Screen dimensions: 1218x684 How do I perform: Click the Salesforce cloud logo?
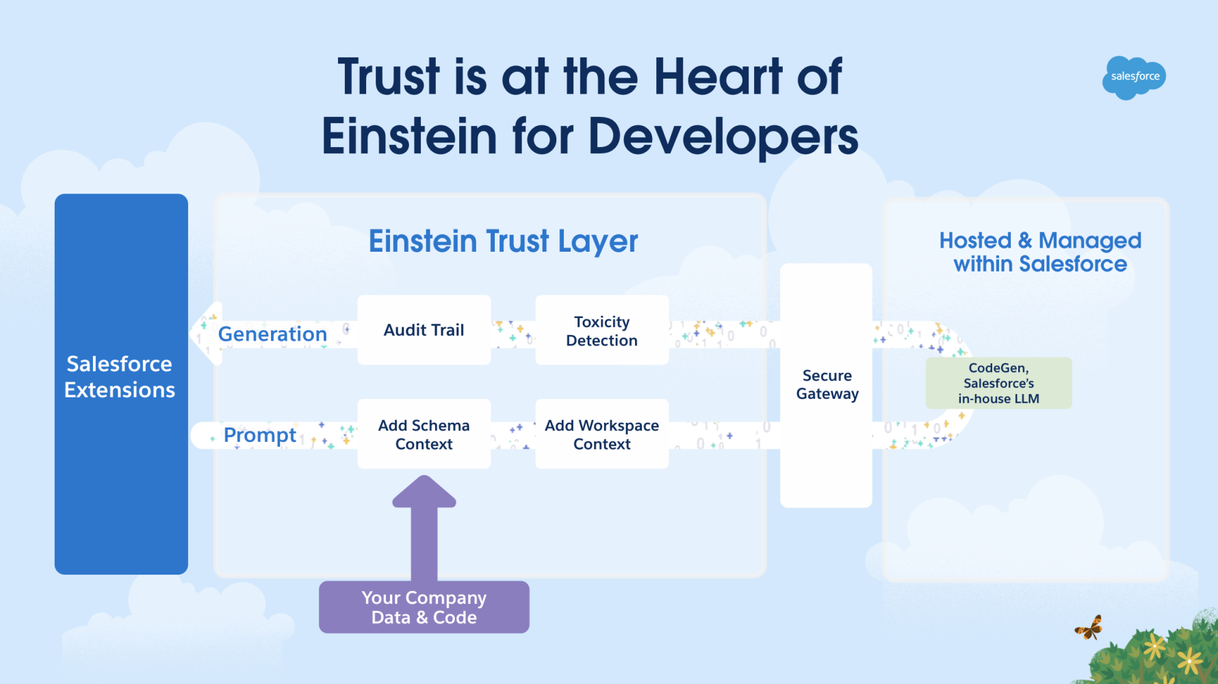pyautogui.click(x=1134, y=77)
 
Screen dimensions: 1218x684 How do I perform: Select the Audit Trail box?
pyautogui.click(x=424, y=330)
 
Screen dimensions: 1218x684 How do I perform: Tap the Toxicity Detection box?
pyautogui.click(x=602, y=330)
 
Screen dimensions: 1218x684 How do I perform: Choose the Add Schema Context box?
pyautogui.click(x=424, y=434)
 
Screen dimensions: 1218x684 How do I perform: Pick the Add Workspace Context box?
pyautogui.click(x=602, y=434)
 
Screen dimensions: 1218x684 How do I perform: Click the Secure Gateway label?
pyautogui.click(x=827, y=384)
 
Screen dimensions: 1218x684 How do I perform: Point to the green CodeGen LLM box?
pyautogui.click(x=999, y=383)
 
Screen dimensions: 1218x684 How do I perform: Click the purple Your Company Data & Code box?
pyautogui.click(x=424, y=607)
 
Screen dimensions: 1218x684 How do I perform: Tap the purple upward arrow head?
pyautogui.click(x=424, y=491)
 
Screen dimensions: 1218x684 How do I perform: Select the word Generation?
pyautogui.click(x=272, y=334)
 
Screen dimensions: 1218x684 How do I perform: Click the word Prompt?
pyautogui.click(x=260, y=435)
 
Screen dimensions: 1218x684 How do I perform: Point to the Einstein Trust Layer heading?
pyautogui.click(x=504, y=241)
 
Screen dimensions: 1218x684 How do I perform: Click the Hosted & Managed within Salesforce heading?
pyautogui.click(x=1040, y=252)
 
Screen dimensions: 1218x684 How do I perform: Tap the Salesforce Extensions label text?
pyautogui.click(x=120, y=376)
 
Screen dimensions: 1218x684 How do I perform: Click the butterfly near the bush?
pyautogui.click(x=1089, y=627)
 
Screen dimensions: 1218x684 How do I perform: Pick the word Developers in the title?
pyautogui.click(x=723, y=136)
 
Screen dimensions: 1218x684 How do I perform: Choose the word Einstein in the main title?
pyautogui.click(x=409, y=135)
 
